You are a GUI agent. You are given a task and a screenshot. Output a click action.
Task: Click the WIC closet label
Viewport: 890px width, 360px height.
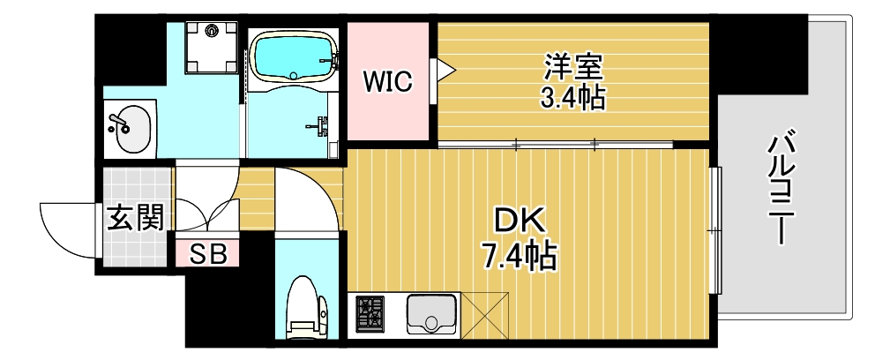389,83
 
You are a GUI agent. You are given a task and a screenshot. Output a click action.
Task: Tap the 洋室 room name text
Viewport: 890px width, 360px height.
572,66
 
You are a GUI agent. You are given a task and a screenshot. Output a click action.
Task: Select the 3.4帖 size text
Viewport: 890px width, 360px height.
572,97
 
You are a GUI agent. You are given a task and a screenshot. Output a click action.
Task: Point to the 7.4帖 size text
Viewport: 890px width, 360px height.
519,256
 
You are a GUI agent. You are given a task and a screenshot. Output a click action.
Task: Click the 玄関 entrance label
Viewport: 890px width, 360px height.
136,217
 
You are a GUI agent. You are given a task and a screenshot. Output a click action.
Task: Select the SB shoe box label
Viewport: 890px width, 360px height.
209,255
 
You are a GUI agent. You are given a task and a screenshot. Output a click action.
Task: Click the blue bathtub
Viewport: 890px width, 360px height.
293,56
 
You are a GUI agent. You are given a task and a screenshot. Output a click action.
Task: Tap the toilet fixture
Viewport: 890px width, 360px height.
304,306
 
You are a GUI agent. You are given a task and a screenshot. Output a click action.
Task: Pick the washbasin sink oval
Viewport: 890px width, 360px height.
130,129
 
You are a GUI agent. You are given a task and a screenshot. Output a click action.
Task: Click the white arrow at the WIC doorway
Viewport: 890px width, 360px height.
442,68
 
